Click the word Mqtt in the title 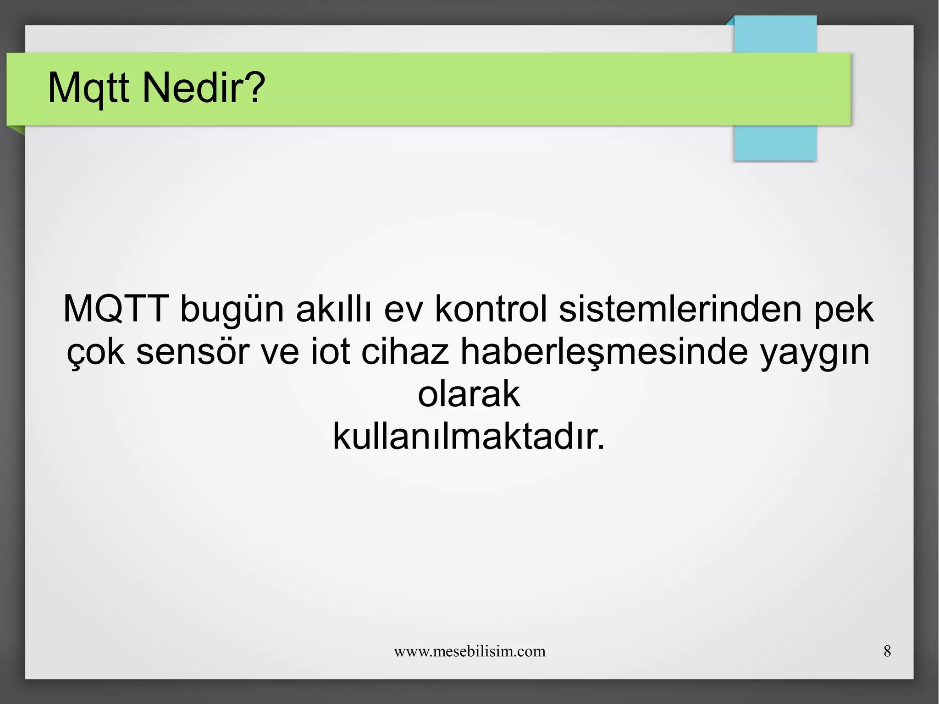pyautogui.click(x=88, y=88)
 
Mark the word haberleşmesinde pyautogui.click(x=604, y=352)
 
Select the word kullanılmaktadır pyautogui.click(x=469, y=436)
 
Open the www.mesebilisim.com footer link pyautogui.click(x=469, y=651)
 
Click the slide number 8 pyautogui.click(x=887, y=651)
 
